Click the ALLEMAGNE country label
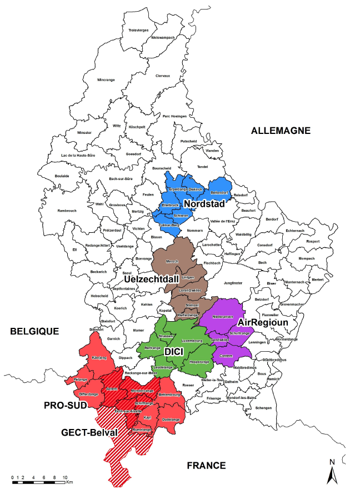click(x=281, y=131)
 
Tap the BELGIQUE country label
click(x=34, y=331)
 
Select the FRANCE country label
click(x=206, y=465)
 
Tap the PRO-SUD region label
click(x=66, y=406)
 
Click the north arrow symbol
click(x=332, y=472)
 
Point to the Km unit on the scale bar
click(x=69, y=482)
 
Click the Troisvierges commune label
click(x=138, y=30)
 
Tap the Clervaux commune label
click(x=163, y=76)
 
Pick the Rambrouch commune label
click(x=68, y=211)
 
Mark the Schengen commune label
click(x=264, y=408)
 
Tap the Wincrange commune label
click(x=106, y=79)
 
